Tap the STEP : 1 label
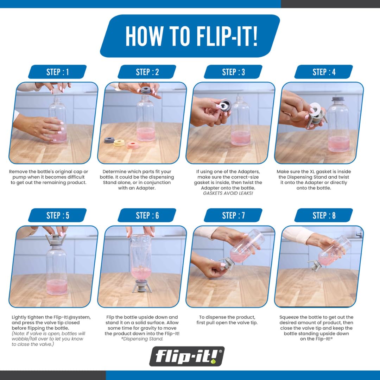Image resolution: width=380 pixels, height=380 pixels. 57,72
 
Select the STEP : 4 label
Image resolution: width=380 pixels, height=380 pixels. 324,72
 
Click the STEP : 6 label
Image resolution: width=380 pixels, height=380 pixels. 147,215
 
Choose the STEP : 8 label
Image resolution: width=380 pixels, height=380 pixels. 324,215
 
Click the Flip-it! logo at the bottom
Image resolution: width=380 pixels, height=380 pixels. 186,356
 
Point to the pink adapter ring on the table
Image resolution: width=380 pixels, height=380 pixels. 133,145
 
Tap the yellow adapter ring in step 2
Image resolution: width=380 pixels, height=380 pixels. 119,142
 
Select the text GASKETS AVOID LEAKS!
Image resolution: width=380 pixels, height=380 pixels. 228,193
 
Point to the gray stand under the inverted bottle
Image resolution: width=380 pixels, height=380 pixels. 142,285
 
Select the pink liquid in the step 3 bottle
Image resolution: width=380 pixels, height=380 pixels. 240,138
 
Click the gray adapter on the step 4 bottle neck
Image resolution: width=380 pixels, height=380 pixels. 339,100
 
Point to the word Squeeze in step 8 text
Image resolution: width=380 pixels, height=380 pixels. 289,317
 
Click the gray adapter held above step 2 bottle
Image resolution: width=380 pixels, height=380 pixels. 146,90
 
